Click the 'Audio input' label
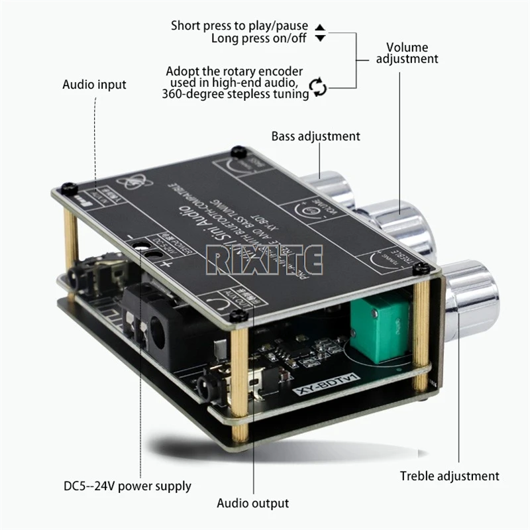point(94,85)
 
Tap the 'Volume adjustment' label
point(407,53)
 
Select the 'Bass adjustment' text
point(315,136)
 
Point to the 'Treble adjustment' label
point(449,476)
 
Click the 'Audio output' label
point(252,503)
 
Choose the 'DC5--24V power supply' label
point(127,486)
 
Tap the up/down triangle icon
point(320,32)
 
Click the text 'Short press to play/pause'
point(239,26)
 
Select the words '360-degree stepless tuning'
point(235,94)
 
